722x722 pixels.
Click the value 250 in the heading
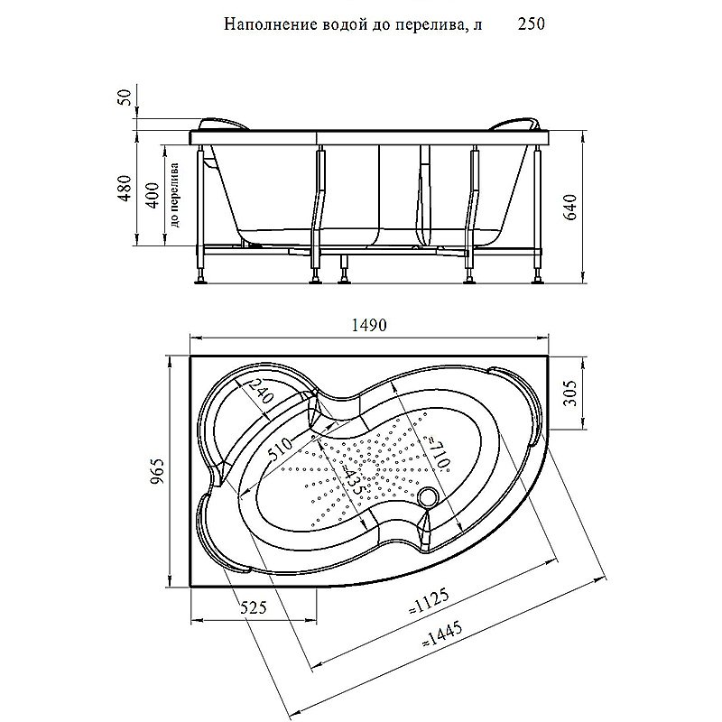(x=531, y=25)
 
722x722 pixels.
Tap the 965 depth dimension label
(x=156, y=472)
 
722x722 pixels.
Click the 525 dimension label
(x=254, y=608)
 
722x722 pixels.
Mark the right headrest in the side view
(x=518, y=124)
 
